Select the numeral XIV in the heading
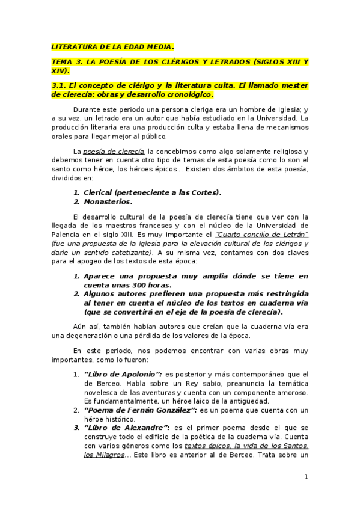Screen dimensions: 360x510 [x=59, y=70]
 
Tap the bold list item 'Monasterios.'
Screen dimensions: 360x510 [x=108, y=202]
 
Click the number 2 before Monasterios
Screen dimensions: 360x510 [x=76, y=202]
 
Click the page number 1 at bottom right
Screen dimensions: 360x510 [x=306, y=478]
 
